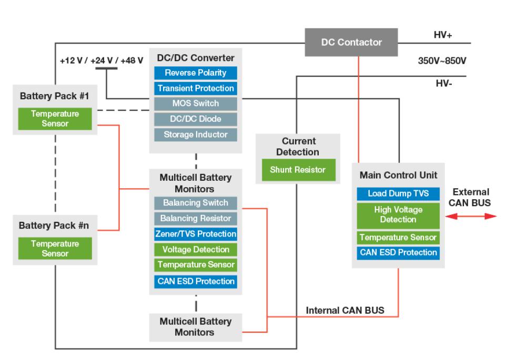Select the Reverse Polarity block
point(196,73)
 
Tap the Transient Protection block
point(196,88)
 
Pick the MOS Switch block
point(196,104)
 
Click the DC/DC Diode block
point(196,119)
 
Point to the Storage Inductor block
point(196,135)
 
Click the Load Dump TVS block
point(398,193)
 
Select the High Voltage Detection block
point(398,214)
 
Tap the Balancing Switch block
point(196,203)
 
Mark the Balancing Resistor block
point(196,218)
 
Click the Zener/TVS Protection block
point(196,234)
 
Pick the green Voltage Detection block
point(196,250)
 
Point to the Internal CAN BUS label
point(345,311)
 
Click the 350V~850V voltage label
point(441,60)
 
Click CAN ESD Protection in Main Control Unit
point(398,253)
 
